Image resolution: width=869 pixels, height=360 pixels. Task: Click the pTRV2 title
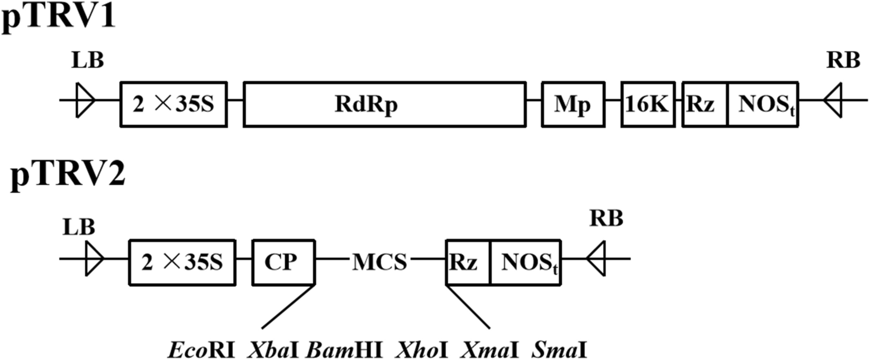68,174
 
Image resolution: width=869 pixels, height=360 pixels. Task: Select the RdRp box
385,104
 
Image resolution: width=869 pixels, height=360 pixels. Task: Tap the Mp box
573,104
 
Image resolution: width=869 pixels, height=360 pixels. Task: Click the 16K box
648,104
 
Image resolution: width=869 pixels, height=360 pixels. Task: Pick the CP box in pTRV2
284,262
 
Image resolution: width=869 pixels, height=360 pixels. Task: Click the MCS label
379,262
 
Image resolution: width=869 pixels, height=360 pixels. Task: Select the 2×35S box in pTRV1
174,104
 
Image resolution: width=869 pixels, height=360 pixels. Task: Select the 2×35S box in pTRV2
182,262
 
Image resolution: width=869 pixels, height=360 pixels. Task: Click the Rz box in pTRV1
704,104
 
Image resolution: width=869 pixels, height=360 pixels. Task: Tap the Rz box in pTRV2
468,262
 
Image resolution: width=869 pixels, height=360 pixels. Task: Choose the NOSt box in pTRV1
763,104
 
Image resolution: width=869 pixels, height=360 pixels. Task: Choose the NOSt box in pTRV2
526,262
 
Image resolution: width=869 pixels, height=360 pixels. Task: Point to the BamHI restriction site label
344,349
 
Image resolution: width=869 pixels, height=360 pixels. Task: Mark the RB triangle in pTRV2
597,258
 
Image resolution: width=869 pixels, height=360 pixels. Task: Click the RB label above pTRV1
843,61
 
